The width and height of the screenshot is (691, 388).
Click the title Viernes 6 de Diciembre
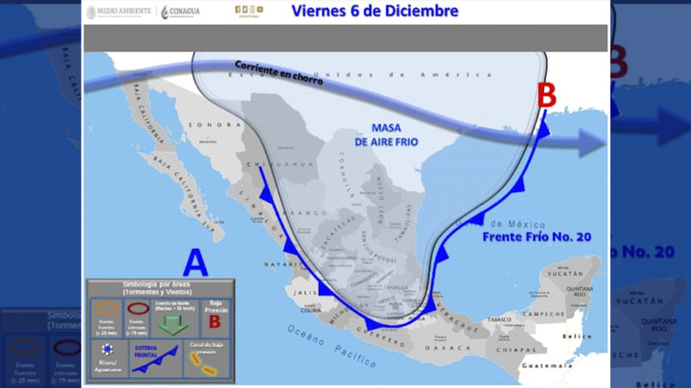point(375,11)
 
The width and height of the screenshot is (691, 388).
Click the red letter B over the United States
point(548,96)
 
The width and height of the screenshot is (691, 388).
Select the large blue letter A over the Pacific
point(195,263)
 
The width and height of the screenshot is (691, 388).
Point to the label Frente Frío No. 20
point(537,237)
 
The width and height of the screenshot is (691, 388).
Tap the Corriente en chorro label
point(279,73)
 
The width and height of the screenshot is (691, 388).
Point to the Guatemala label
point(546,365)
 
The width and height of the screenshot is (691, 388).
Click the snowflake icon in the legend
point(108,350)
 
